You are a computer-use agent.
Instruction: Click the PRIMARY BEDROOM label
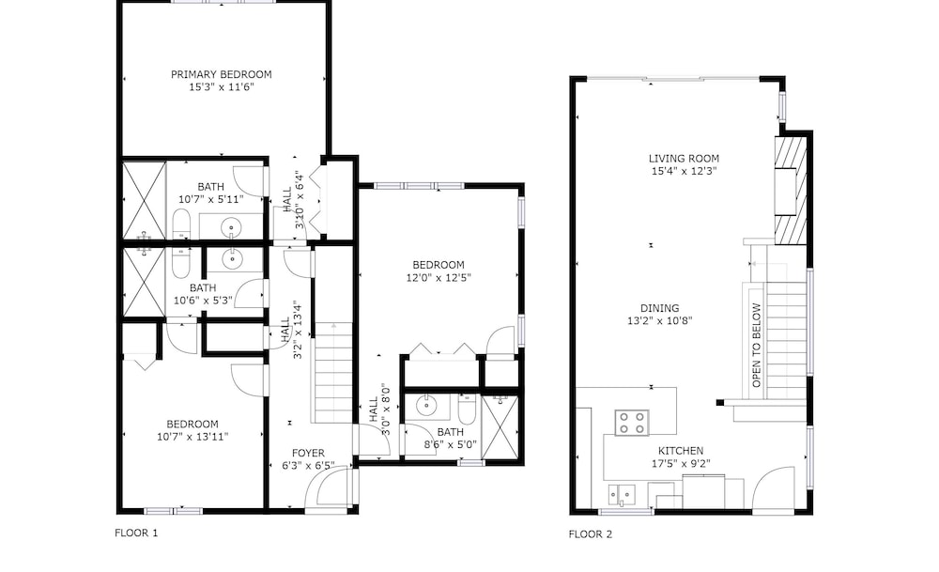click(x=221, y=74)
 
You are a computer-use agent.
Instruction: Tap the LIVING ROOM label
click(x=684, y=159)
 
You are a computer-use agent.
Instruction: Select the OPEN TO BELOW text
click(x=756, y=346)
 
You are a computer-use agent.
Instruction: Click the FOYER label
click(x=308, y=454)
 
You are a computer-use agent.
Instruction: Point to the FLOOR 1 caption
click(x=136, y=533)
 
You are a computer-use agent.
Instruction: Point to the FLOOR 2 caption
click(x=591, y=534)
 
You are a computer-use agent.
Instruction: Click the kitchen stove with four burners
click(x=632, y=423)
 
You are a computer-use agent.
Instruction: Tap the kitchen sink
click(x=623, y=495)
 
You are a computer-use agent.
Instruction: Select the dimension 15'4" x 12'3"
click(x=684, y=171)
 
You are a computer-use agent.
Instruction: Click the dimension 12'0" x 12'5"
click(x=439, y=277)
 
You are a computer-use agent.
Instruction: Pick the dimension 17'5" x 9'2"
click(x=681, y=463)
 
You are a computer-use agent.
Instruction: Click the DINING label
click(x=660, y=308)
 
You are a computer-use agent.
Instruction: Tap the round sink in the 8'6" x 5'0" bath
click(x=426, y=406)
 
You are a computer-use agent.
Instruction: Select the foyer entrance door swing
click(x=327, y=488)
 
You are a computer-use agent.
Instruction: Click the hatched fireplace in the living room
click(x=790, y=191)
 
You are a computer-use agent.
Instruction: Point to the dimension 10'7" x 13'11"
click(x=192, y=437)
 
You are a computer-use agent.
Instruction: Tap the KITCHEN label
click(x=681, y=451)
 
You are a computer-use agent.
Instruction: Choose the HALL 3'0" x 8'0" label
click(x=379, y=410)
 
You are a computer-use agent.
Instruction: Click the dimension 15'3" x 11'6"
click(x=222, y=86)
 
